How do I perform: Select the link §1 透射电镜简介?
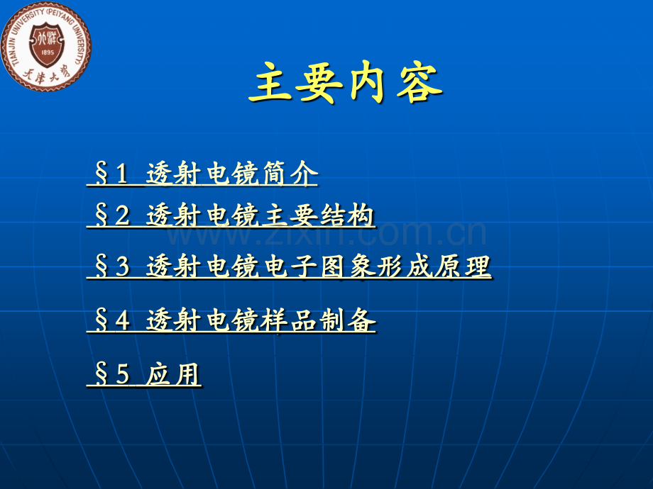202,174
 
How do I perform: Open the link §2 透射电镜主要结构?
231,215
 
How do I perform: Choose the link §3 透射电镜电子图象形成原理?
289,267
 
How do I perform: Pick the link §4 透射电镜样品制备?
231,322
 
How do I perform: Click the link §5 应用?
144,374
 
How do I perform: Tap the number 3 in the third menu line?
123,268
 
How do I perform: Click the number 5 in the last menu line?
123,375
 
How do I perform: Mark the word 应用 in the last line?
175,374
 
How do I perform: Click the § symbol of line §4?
101,322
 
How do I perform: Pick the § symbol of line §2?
101,216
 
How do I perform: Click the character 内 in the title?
371,83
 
